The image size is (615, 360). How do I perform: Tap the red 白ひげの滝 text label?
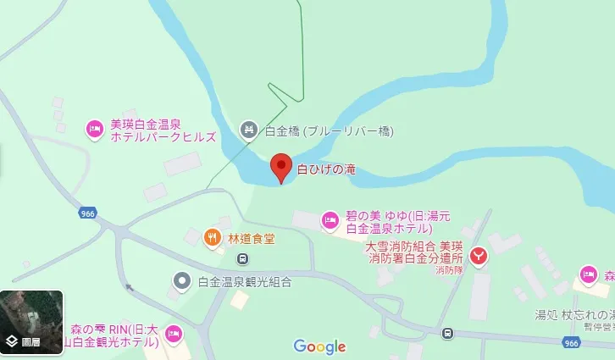(x=326, y=169)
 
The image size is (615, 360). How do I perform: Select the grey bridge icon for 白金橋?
(x=248, y=130)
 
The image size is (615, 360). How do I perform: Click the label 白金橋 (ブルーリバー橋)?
(x=329, y=131)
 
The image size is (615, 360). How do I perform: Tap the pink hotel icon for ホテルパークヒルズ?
(x=95, y=130)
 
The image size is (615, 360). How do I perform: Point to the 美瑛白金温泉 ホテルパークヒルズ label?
(x=162, y=130)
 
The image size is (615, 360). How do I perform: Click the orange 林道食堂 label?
(x=252, y=238)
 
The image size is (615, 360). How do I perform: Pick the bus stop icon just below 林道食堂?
(x=242, y=258)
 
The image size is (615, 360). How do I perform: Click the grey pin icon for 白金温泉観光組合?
(x=181, y=281)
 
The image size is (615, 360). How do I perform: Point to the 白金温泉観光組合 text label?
(x=244, y=282)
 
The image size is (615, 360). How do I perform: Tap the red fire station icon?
(x=479, y=254)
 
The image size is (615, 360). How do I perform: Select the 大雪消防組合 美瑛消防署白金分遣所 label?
(x=414, y=252)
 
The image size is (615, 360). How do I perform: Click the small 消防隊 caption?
(x=449, y=271)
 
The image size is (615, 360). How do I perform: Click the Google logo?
(x=319, y=346)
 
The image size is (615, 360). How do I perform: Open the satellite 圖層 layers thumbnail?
(x=31, y=323)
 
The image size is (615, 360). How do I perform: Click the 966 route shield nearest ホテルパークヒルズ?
(x=87, y=213)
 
